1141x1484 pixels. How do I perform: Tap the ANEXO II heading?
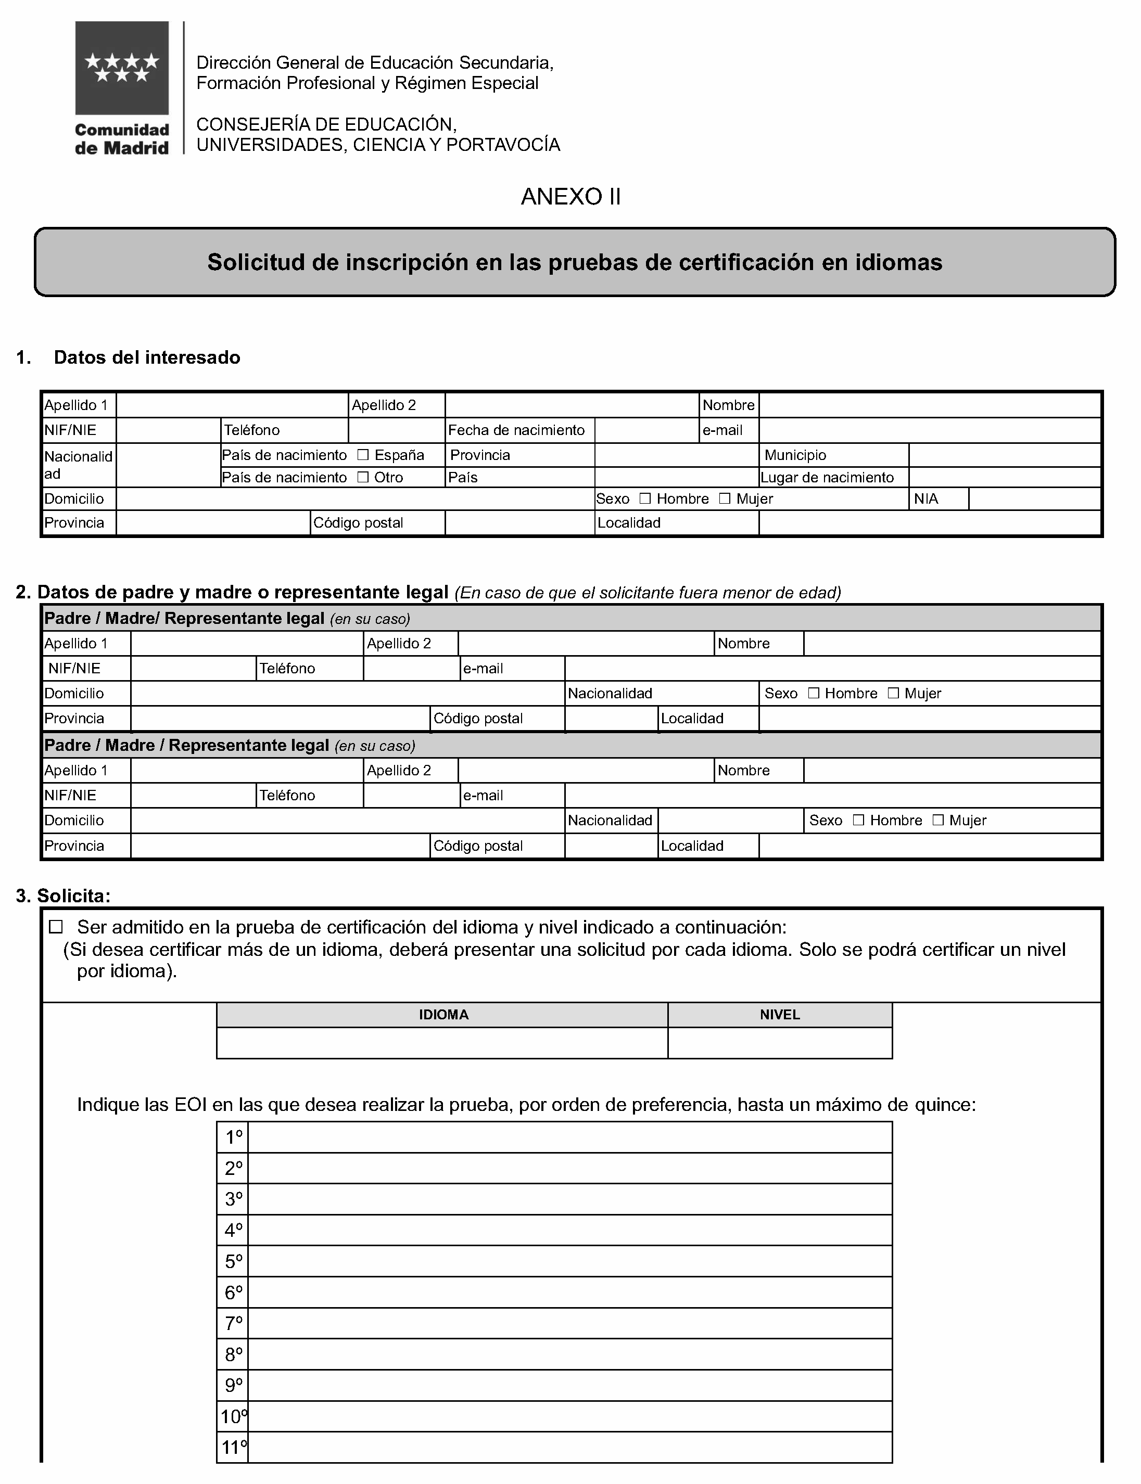(x=570, y=197)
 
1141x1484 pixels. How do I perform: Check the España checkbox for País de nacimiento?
(x=363, y=455)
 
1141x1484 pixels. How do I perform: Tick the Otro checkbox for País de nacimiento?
(x=363, y=477)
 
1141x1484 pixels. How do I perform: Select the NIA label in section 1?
(x=926, y=499)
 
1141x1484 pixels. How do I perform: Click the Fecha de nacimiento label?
(x=516, y=430)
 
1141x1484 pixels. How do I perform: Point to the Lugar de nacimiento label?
(x=827, y=477)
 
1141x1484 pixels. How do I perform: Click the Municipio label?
(x=795, y=455)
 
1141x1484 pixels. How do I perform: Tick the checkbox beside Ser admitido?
(x=56, y=927)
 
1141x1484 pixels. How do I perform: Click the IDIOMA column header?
(x=443, y=1015)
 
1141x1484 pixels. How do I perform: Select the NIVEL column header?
(x=780, y=1015)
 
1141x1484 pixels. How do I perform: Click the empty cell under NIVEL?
(x=780, y=1043)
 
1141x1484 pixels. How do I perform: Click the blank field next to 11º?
(x=569, y=1448)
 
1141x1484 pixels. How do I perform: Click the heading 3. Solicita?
(x=63, y=896)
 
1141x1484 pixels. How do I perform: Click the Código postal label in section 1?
(x=358, y=523)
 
